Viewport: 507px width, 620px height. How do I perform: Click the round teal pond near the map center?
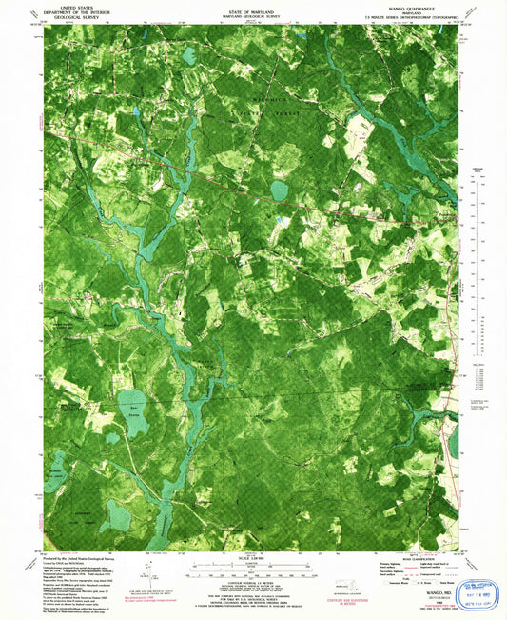point(279,190)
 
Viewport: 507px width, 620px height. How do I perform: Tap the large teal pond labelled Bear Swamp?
point(137,412)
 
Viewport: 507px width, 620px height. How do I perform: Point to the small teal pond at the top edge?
point(188,55)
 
